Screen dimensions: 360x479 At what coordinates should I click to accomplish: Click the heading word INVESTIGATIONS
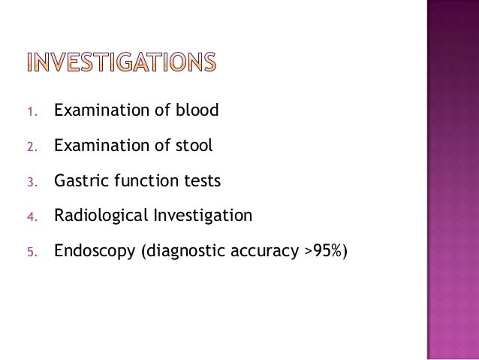point(121,62)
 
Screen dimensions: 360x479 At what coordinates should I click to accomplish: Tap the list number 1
point(31,113)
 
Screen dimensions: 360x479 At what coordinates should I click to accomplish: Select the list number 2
point(31,147)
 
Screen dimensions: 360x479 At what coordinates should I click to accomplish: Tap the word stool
point(195,146)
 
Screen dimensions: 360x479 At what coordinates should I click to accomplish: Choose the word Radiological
point(101,216)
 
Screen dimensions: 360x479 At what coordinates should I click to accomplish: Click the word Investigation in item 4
point(203,216)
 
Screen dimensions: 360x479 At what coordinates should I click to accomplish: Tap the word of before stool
point(161,146)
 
